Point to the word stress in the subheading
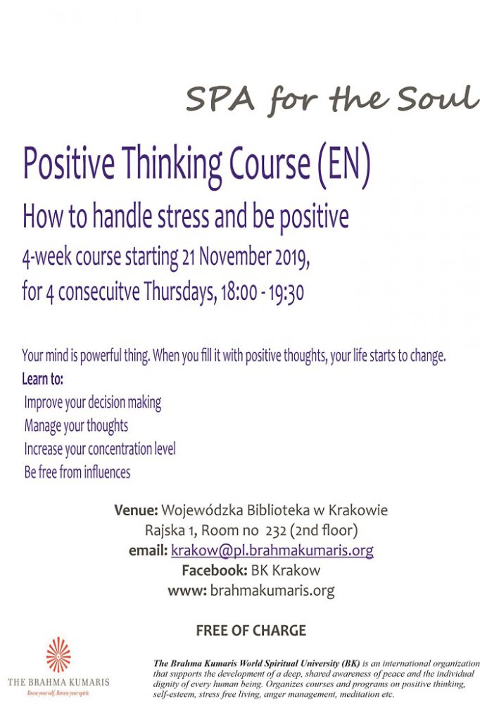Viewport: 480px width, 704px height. (x=182, y=217)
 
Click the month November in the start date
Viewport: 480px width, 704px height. (x=235, y=256)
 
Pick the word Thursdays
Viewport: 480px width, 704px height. (x=180, y=292)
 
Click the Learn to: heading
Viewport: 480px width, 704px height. (x=43, y=379)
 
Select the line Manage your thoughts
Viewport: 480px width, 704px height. (x=76, y=426)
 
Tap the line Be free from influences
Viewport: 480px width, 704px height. (x=77, y=472)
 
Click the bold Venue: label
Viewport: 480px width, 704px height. (x=136, y=510)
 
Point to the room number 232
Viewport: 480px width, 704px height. (x=276, y=531)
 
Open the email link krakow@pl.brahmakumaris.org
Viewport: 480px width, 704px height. (x=272, y=551)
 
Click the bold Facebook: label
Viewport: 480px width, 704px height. (x=214, y=571)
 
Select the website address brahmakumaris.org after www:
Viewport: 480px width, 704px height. (x=272, y=591)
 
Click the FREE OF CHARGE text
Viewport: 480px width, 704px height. (x=251, y=631)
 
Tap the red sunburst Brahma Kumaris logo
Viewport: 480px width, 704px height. (x=58, y=655)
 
